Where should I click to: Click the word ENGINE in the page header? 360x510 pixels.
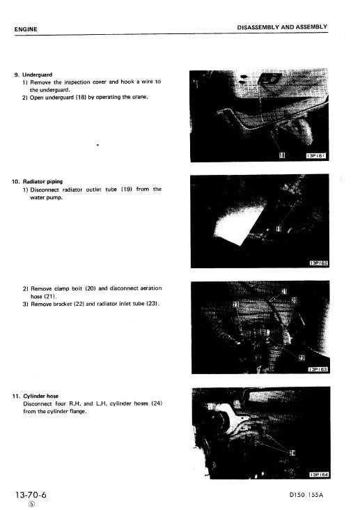26,29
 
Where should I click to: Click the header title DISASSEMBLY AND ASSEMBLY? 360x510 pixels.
282,27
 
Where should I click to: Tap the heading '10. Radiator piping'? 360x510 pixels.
37,181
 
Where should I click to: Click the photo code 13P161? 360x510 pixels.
316,155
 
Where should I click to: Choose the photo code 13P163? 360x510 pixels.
318,369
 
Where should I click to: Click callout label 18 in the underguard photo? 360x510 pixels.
281,155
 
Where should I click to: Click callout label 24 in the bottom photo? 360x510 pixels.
292,454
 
